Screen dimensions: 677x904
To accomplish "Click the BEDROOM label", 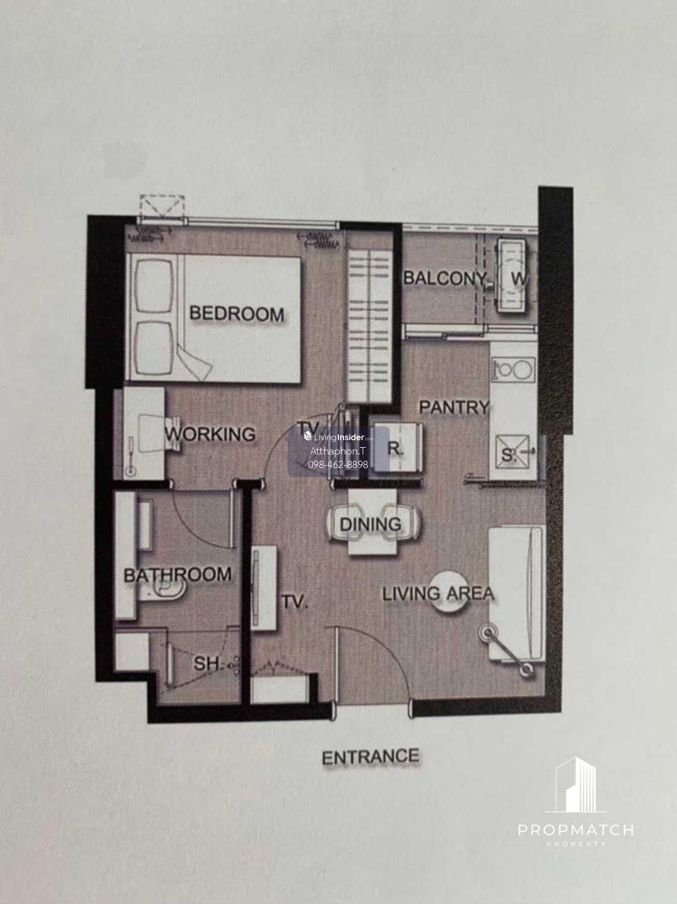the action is pos(236,315).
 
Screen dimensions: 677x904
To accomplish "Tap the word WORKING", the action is pos(210,434).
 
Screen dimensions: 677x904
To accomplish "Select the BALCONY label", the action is pos(445,278).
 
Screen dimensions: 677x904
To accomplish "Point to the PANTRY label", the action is pos(454,407).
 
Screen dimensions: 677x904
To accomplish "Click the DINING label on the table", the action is pos(371,524).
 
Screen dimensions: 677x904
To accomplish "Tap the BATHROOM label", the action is pos(177,575).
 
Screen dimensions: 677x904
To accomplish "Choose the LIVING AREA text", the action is pos(438,593).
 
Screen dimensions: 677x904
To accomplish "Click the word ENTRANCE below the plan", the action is pos(370,757).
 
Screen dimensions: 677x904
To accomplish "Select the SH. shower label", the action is pos(207,663).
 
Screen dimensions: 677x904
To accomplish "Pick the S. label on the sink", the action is pos(508,455).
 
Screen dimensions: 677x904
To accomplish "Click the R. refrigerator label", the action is pos(395,449).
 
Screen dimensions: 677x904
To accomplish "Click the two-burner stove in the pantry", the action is pos(513,369).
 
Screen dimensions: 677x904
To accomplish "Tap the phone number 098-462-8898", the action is pos(338,465).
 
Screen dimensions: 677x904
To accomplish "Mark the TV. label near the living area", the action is pos(294,602).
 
